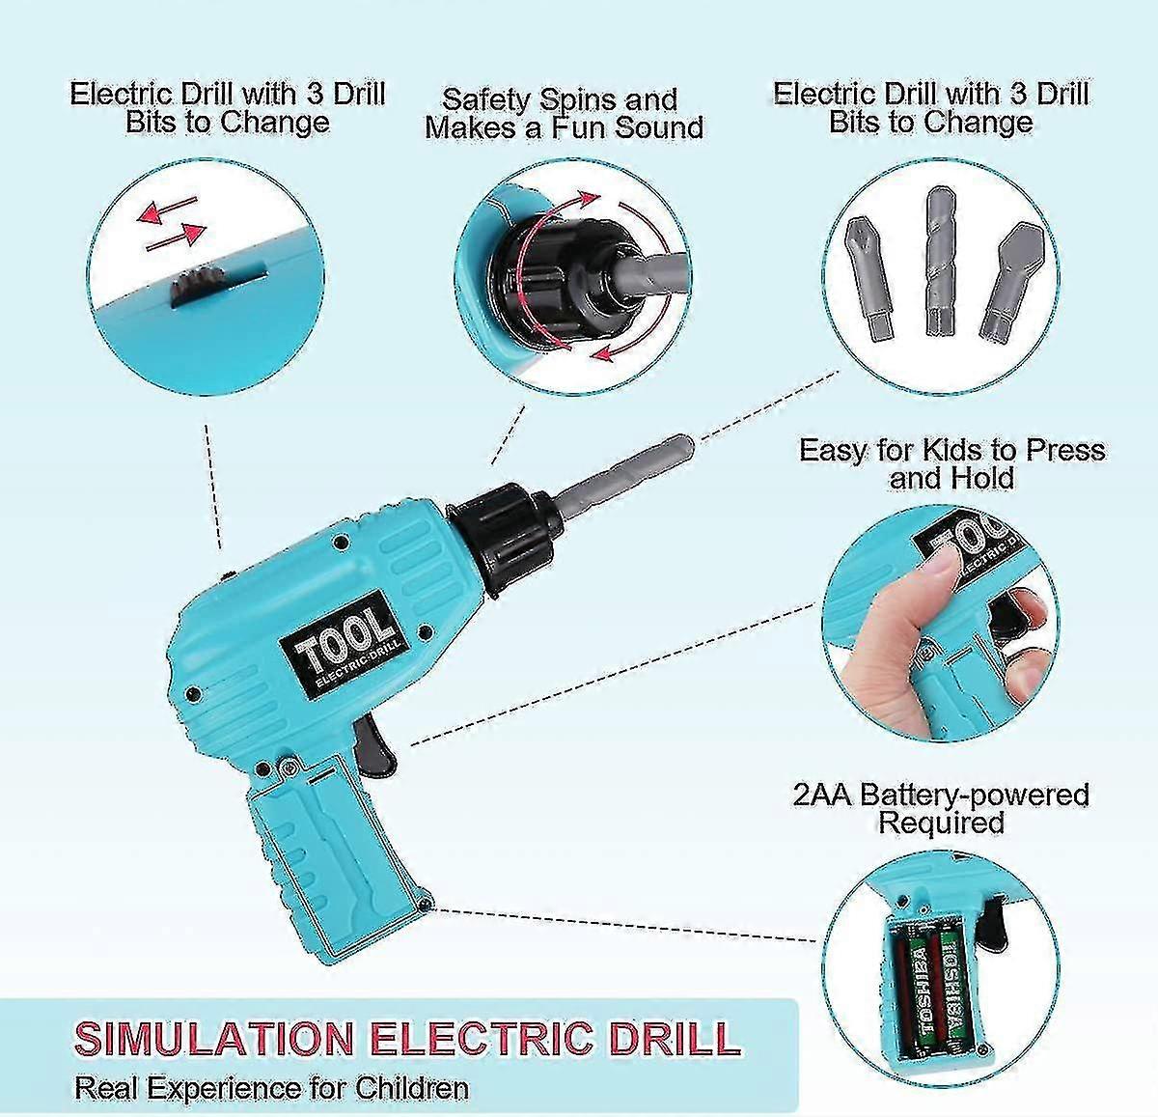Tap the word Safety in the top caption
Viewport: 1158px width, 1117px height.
[x=485, y=101]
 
